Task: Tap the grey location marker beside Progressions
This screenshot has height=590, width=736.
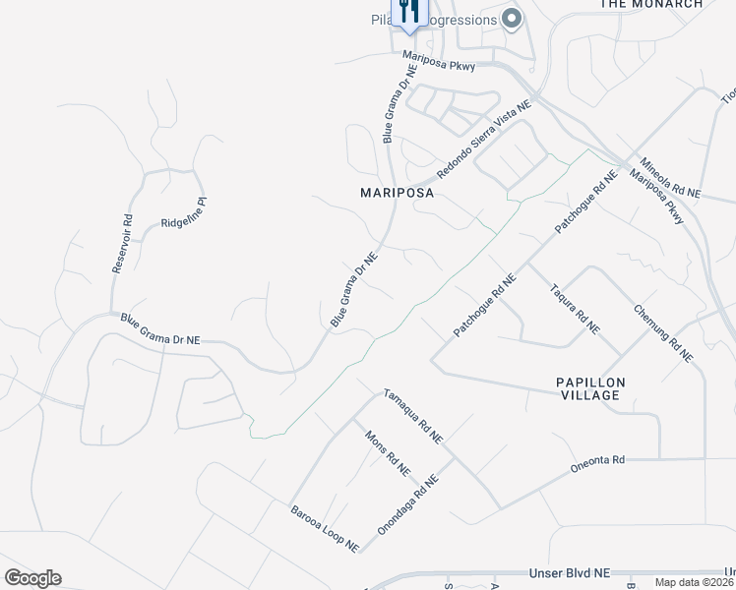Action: [511, 19]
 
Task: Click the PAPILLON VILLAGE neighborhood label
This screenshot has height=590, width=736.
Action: [587, 387]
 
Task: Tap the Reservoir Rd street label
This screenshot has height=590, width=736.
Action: [121, 245]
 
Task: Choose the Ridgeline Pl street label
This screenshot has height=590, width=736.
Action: [189, 212]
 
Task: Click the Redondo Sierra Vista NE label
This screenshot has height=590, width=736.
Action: [484, 139]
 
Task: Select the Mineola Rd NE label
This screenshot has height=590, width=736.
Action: [669, 178]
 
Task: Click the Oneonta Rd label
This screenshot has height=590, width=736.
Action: [597, 463]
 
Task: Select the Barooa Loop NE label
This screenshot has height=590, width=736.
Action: [324, 528]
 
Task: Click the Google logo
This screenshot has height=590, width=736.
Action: [33, 578]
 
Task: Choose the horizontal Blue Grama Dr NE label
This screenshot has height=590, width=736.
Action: [160, 327]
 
